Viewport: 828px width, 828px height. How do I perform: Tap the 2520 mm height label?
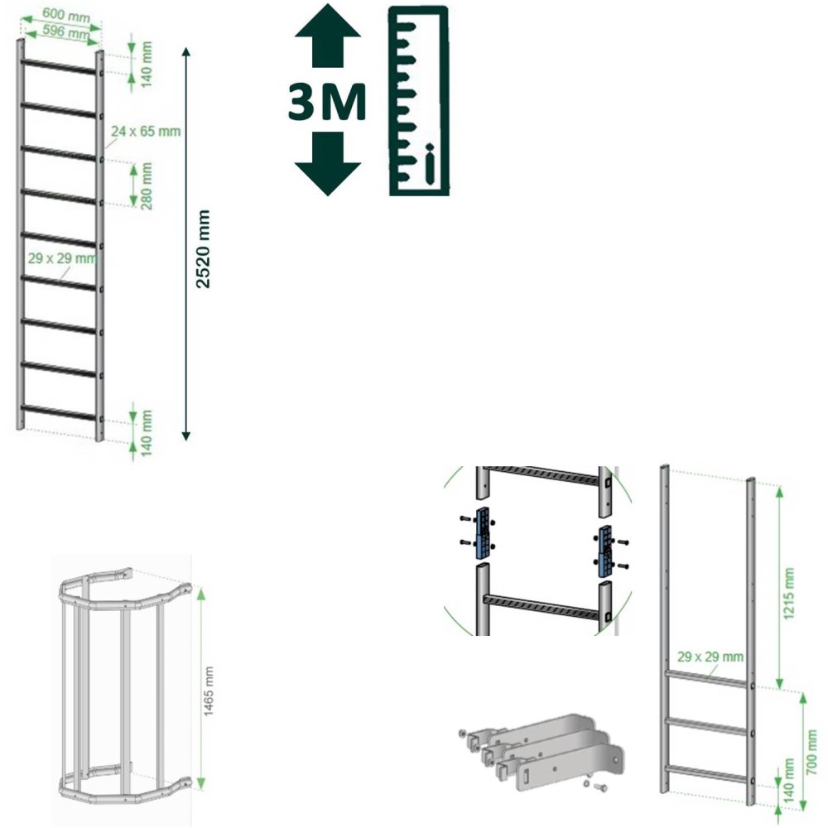coord(203,249)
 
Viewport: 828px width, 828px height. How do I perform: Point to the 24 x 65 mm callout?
coord(146,131)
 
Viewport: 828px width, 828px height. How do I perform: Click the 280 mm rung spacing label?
coord(147,185)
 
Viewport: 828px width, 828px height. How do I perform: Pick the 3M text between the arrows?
coord(327,101)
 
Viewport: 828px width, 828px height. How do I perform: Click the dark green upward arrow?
coord(328,36)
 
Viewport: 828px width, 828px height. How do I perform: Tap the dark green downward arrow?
coord(328,164)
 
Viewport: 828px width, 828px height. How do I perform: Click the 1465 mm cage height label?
coord(209,691)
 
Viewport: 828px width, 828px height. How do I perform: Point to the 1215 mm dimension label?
coord(789,594)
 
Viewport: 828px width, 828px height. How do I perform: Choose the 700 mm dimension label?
coord(812,753)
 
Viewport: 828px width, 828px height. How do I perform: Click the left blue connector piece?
coord(483,533)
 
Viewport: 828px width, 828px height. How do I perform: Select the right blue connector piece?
coord(605,551)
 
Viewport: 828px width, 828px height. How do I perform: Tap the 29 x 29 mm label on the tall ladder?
coord(63,258)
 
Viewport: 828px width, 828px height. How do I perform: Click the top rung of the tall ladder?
coord(59,66)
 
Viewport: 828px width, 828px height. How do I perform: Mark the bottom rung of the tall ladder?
coord(59,412)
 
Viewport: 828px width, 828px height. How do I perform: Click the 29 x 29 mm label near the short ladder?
coord(710,657)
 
